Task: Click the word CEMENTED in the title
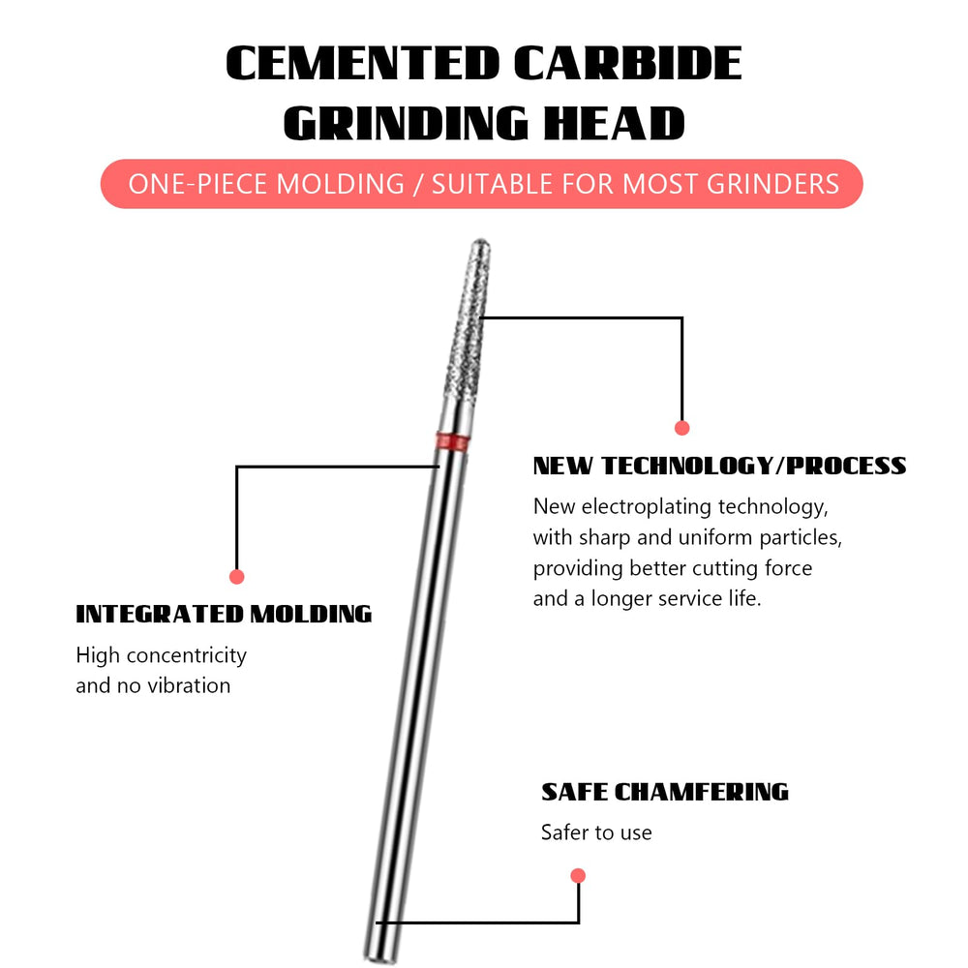362,64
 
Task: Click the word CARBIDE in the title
628,64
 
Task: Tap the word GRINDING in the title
406,124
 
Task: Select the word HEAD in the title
615,124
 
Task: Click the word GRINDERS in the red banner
772,184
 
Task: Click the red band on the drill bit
452,441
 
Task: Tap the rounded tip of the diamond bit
481,243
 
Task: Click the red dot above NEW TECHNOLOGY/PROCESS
681,428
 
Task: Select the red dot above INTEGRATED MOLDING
236,577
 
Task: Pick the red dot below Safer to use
578,875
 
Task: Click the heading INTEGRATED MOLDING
224,615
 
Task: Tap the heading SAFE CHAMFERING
665,792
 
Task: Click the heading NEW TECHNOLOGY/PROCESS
719,466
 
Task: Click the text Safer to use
596,832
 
